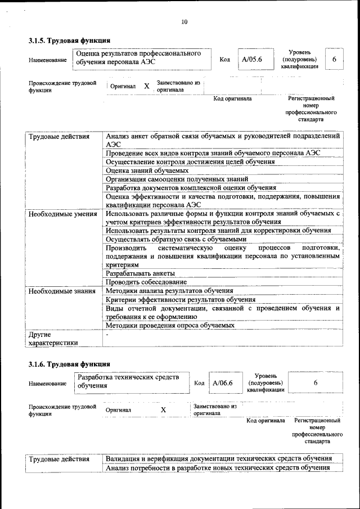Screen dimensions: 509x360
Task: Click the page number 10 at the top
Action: (184, 22)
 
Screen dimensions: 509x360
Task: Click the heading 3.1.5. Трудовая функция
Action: (69, 40)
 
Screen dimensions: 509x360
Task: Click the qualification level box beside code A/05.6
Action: (334, 58)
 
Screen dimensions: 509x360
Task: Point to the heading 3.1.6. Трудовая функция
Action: (69, 364)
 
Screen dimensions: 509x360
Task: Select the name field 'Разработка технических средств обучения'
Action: (132, 381)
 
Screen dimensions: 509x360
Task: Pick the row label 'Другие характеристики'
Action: (53, 337)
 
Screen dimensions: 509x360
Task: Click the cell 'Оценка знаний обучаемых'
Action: (147, 170)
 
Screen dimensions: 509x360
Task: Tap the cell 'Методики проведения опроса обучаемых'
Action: (170, 325)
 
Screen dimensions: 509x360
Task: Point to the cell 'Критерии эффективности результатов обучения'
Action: (180, 300)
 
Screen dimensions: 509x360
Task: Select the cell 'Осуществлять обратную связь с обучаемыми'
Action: (175, 239)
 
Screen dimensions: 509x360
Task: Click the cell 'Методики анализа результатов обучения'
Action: (169, 291)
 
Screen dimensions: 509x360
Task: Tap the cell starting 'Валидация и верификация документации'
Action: (218, 459)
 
